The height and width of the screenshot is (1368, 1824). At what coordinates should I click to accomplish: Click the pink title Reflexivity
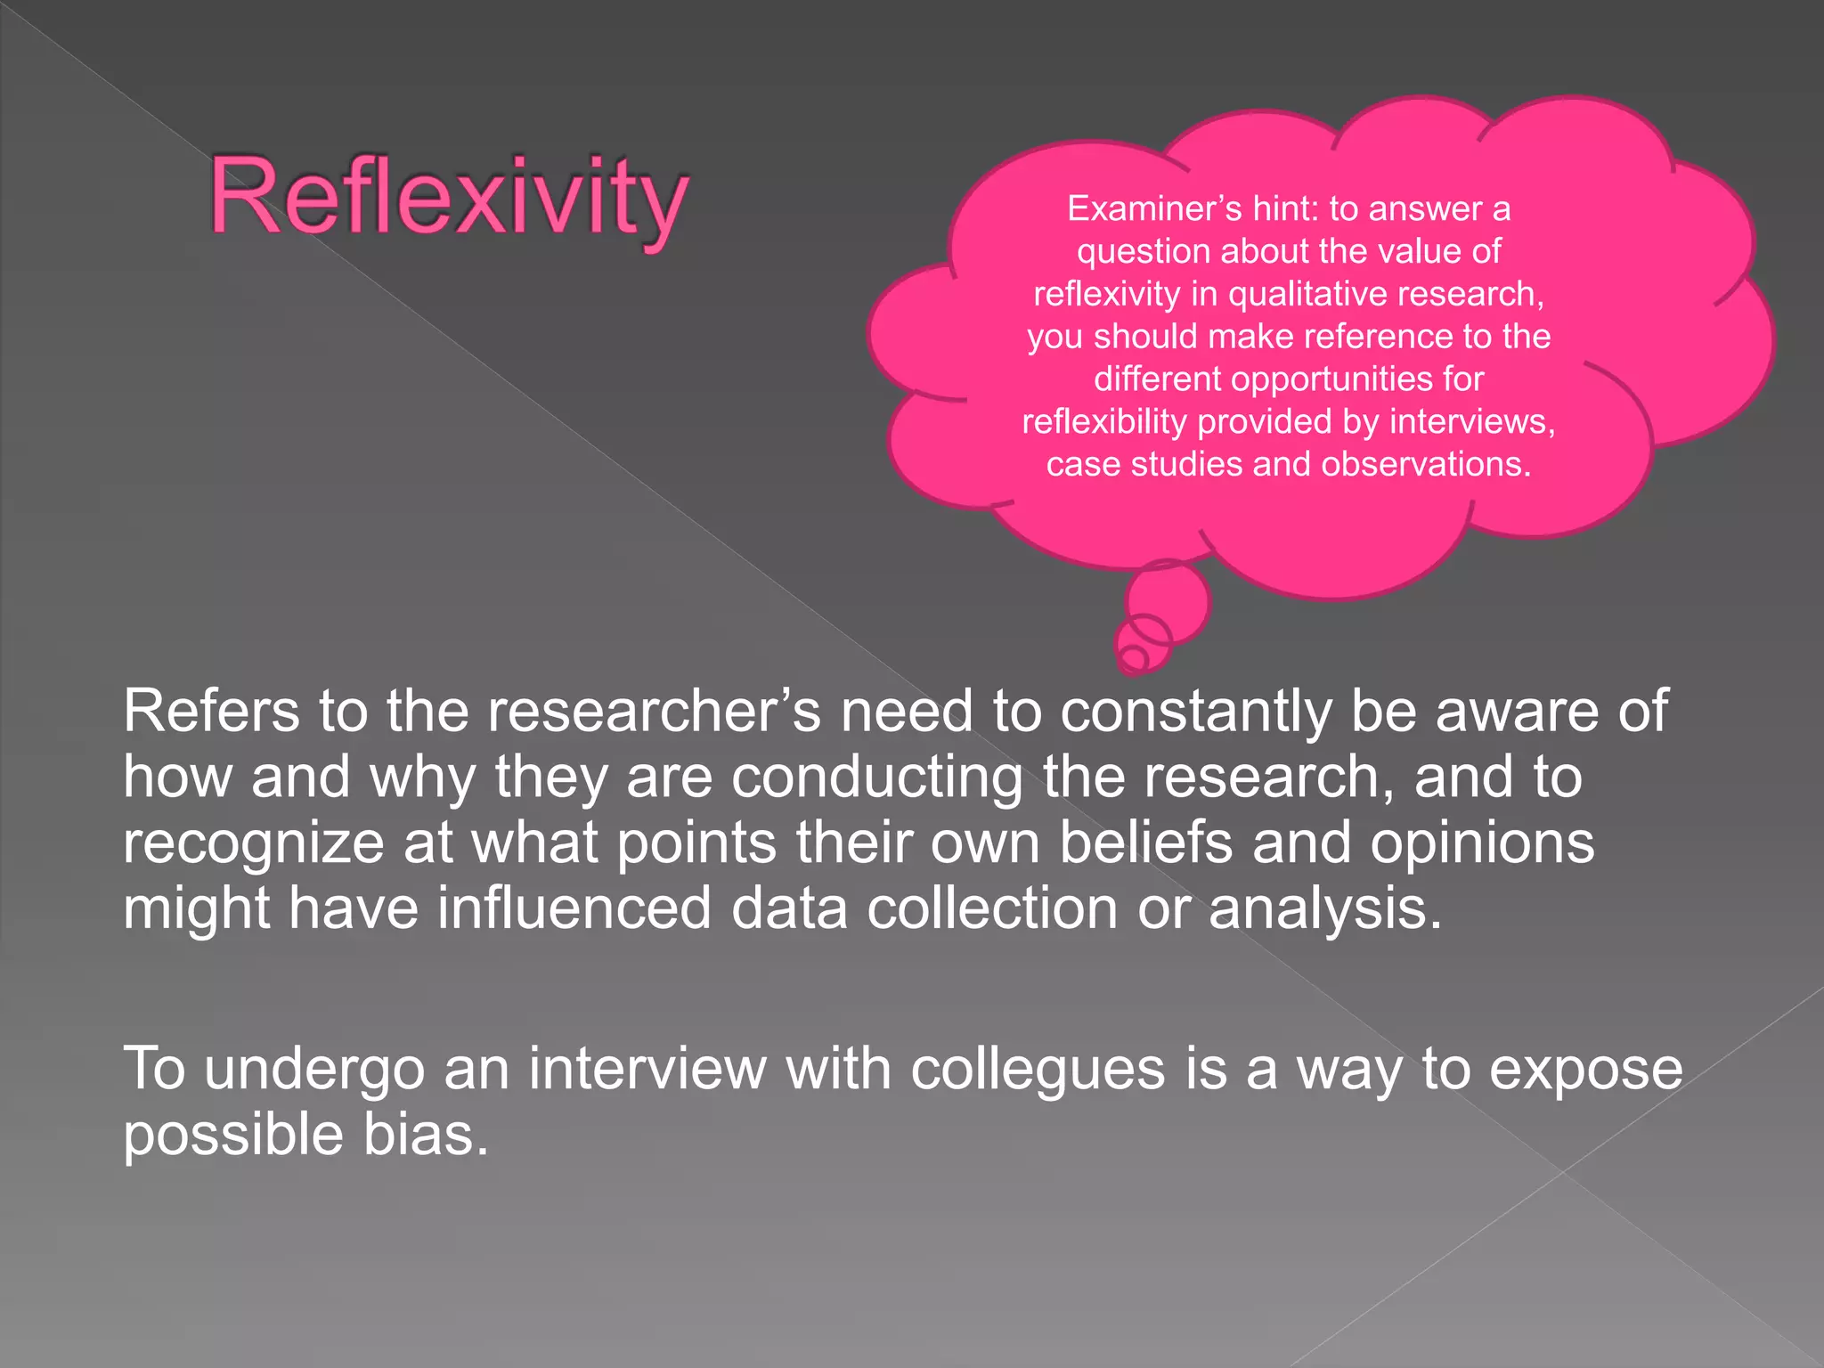pyautogui.click(x=449, y=198)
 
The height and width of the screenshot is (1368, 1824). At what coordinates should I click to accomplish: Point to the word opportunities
pyautogui.click(x=1329, y=379)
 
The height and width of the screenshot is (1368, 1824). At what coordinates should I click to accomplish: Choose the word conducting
pyautogui.click(x=877, y=778)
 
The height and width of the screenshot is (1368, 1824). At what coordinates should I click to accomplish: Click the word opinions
pyautogui.click(x=1482, y=843)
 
